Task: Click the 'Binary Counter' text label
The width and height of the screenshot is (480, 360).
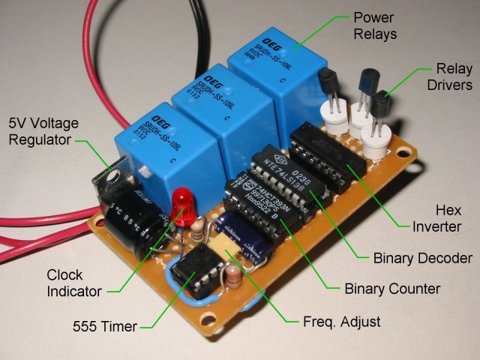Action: click(x=391, y=288)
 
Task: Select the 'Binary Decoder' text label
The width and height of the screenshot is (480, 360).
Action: click(x=422, y=258)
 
